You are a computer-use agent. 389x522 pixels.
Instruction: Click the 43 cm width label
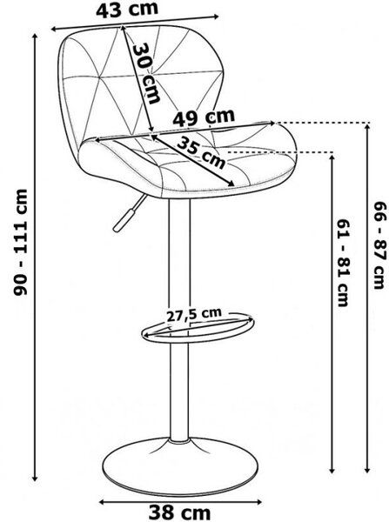(x=127, y=10)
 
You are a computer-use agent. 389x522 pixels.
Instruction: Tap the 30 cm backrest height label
(x=146, y=74)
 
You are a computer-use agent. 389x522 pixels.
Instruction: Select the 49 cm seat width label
(x=204, y=117)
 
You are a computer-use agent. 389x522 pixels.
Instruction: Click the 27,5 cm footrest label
(x=194, y=315)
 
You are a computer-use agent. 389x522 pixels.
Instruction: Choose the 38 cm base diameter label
(x=179, y=512)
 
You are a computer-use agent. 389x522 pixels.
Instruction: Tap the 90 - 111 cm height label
(x=20, y=243)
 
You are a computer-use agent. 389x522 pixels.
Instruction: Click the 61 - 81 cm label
(x=343, y=263)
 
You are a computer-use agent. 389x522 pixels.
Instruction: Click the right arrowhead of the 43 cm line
(x=216, y=16)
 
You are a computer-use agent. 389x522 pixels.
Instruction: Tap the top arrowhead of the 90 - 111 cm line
(x=35, y=37)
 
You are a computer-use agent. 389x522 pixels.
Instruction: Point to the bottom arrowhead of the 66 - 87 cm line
(x=368, y=470)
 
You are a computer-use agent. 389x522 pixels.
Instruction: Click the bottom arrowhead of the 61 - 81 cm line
(x=332, y=470)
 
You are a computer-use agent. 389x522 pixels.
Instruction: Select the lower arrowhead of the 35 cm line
(x=231, y=184)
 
